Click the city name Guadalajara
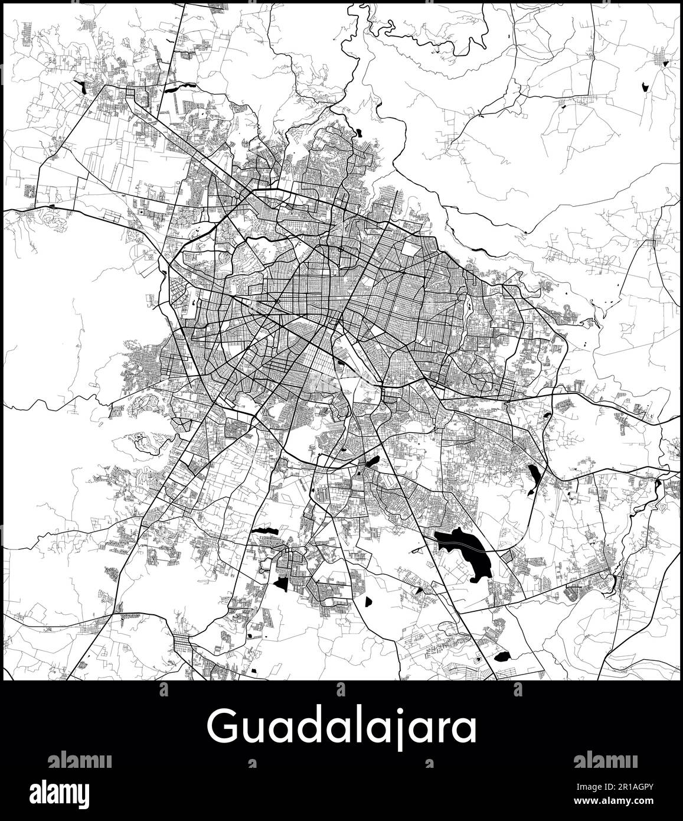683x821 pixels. click(341, 729)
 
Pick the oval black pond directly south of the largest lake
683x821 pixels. click(502, 656)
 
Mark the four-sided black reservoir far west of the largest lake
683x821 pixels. click(282, 584)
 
